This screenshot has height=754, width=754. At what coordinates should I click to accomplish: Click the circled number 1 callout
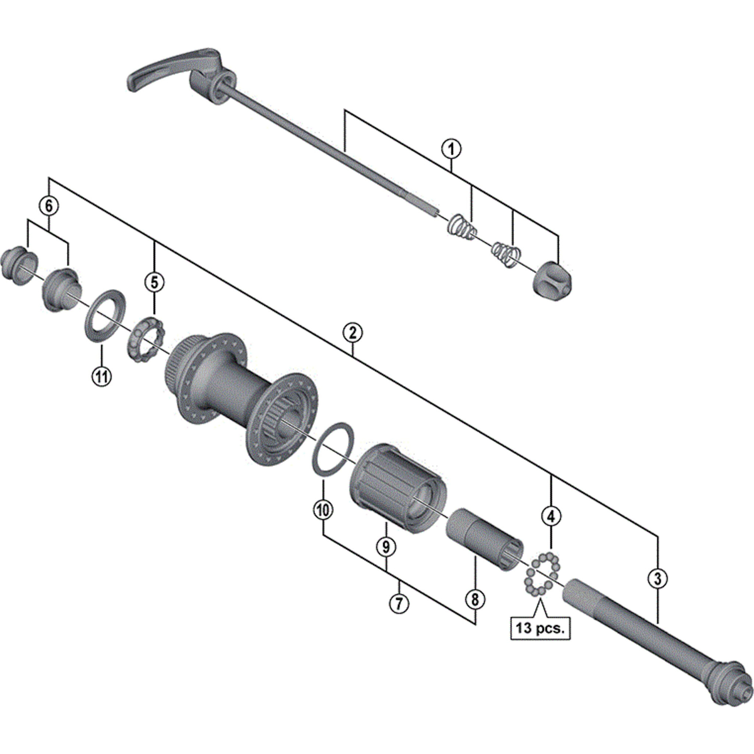(x=451, y=149)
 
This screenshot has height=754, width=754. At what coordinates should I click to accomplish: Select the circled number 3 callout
(x=658, y=578)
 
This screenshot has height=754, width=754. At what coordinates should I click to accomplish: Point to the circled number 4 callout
(x=551, y=517)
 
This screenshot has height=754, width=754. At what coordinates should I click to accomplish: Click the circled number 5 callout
(x=155, y=282)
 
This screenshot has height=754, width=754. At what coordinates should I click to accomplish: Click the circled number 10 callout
(x=324, y=510)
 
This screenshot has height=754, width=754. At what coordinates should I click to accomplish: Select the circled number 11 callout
(x=102, y=377)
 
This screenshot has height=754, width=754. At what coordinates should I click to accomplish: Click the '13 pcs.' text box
(x=540, y=629)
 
